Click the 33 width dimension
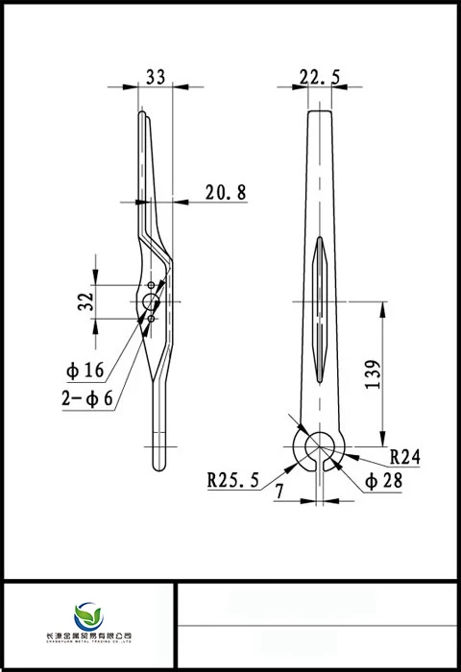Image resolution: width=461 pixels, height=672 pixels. pos(154,78)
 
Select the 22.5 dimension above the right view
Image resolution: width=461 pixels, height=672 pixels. pos(320,78)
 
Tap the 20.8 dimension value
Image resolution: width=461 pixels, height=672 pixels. pos(226,193)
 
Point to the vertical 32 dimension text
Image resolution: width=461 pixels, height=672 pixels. pos(86,300)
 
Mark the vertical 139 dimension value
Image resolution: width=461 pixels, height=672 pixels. pos(374,370)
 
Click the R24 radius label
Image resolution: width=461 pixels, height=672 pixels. pos(405,457)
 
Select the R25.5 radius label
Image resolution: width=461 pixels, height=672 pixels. pos(233,480)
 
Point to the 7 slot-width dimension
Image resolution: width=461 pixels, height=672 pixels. pos(279,491)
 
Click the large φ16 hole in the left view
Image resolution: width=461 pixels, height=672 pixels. pos(150,301)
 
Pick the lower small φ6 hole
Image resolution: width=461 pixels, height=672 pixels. pos(151,318)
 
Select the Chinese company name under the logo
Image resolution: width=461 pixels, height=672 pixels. pos(88,636)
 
